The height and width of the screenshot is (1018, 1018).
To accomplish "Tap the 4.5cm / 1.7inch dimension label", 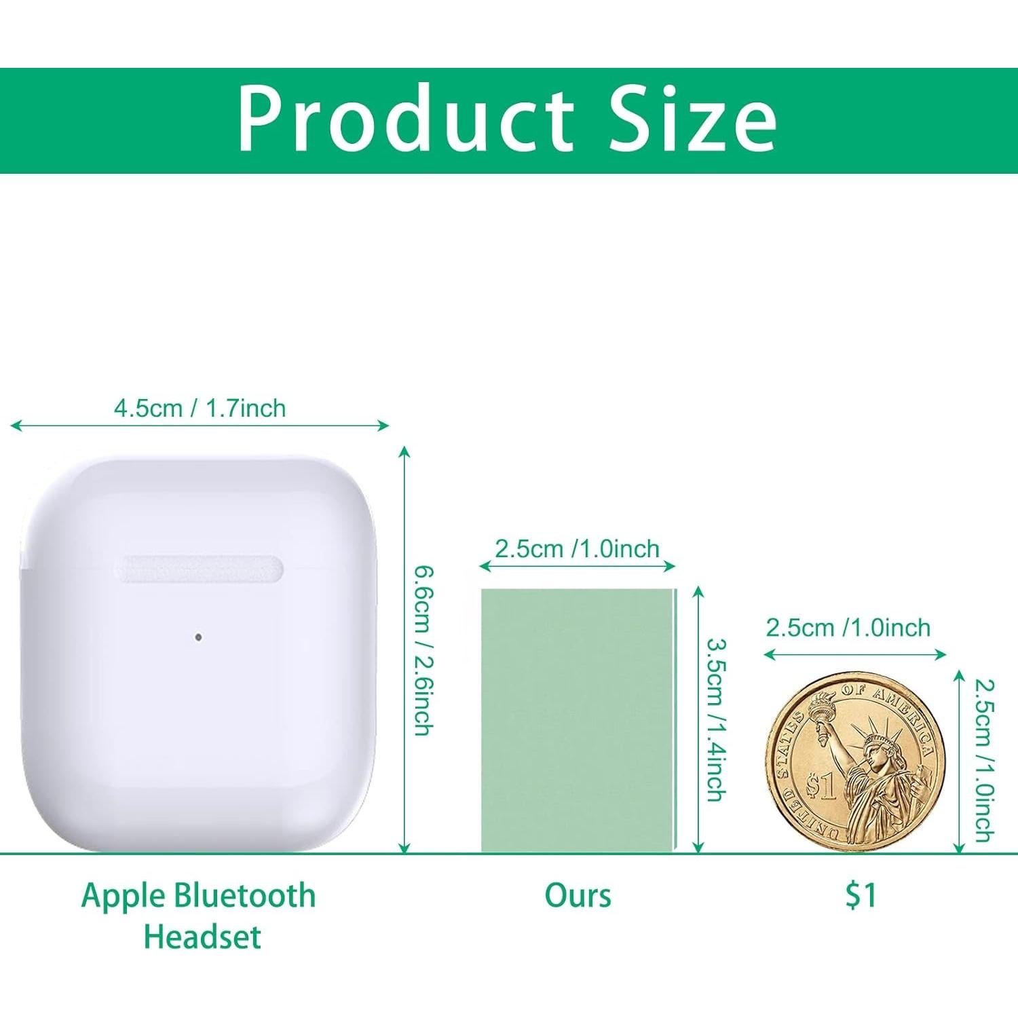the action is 200,408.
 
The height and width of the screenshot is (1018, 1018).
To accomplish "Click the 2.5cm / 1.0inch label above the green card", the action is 577,548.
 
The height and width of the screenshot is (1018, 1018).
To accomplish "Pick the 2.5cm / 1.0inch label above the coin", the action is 848,628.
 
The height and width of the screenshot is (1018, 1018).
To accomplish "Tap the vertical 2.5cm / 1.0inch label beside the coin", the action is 984,760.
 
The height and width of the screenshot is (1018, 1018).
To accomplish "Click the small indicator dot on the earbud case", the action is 198,637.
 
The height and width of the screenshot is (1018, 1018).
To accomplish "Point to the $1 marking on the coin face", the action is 820,787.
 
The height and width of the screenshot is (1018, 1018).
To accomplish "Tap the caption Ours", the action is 578,895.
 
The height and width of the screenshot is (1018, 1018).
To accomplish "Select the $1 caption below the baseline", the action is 861,895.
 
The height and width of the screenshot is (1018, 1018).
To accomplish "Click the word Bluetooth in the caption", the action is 245,895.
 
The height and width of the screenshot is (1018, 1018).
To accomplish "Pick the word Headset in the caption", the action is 202,937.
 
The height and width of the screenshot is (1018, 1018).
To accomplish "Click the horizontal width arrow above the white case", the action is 200,426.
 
